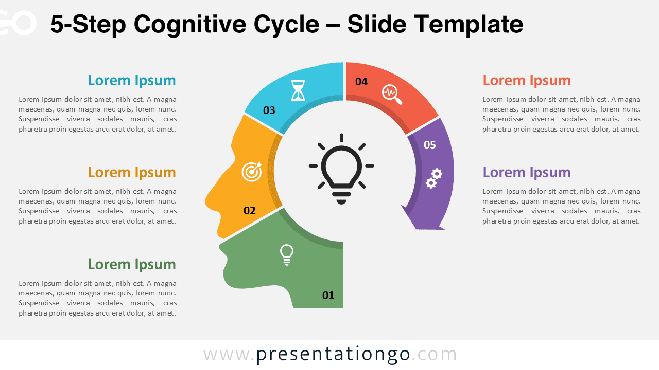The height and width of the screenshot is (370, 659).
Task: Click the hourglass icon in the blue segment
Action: click(298, 90)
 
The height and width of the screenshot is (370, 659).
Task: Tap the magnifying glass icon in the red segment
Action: click(391, 94)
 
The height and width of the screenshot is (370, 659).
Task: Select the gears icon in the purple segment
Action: click(434, 178)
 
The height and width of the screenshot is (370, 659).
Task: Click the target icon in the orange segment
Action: click(252, 172)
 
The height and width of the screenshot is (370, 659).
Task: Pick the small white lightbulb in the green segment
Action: click(287, 254)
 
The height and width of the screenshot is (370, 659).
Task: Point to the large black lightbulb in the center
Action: click(341, 169)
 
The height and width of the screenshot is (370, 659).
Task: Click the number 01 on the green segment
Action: click(328, 295)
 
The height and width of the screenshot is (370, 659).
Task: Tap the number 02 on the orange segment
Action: click(250, 210)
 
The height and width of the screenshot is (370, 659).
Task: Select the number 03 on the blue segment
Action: click(269, 110)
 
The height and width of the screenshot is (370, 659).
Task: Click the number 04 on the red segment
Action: click(361, 81)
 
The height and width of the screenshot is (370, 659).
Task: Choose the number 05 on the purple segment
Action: click(430, 144)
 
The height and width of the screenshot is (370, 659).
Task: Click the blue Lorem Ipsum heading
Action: click(132, 80)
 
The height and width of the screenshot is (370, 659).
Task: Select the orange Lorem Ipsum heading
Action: click(132, 172)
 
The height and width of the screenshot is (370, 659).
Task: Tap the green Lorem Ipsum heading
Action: click(132, 264)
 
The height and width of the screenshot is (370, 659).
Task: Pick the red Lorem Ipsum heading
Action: click(527, 80)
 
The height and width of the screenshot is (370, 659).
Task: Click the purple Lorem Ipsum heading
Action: click(527, 172)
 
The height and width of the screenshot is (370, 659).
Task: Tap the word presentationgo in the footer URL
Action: click(333, 354)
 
